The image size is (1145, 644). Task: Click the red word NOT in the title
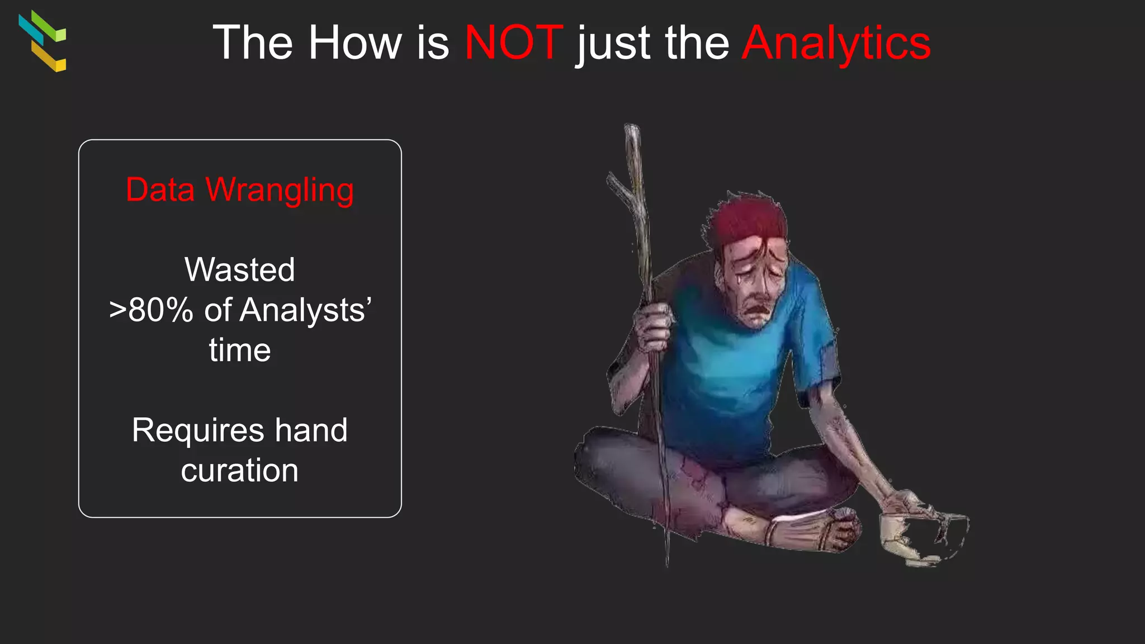tap(513, 43)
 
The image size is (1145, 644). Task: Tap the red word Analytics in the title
tap(836, 43)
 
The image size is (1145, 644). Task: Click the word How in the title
tap(355, 43)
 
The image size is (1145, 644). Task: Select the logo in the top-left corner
tap(42, 41)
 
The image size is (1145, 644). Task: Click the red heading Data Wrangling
tap(240, 190)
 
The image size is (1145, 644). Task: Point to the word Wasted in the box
tap(240, 269)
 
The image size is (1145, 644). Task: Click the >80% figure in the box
tap(151, 310)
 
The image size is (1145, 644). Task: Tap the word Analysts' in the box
tap(305, 311)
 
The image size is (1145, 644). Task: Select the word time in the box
tap(240, 351)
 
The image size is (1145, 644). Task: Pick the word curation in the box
tap(240, 470)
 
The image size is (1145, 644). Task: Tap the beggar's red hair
tap(749, 221)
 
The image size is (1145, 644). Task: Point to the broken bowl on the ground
tap(922, 537)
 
